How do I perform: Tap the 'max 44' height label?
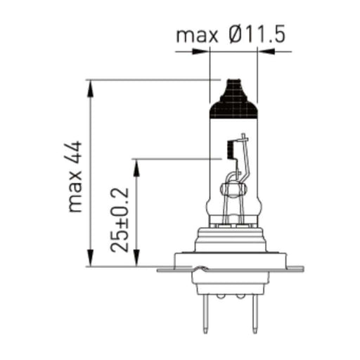click(75, 176)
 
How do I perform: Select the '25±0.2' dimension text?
click(120, 220)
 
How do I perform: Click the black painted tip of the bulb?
click(233, 100)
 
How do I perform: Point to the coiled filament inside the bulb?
click(231, 149)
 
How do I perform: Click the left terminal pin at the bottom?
click(205, 314)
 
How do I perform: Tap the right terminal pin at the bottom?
click(255, 314)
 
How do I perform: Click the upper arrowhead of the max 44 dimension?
click(90, 89)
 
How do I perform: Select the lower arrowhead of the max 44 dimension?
click(90, 258)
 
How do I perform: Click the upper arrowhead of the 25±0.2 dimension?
click(136, 168)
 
